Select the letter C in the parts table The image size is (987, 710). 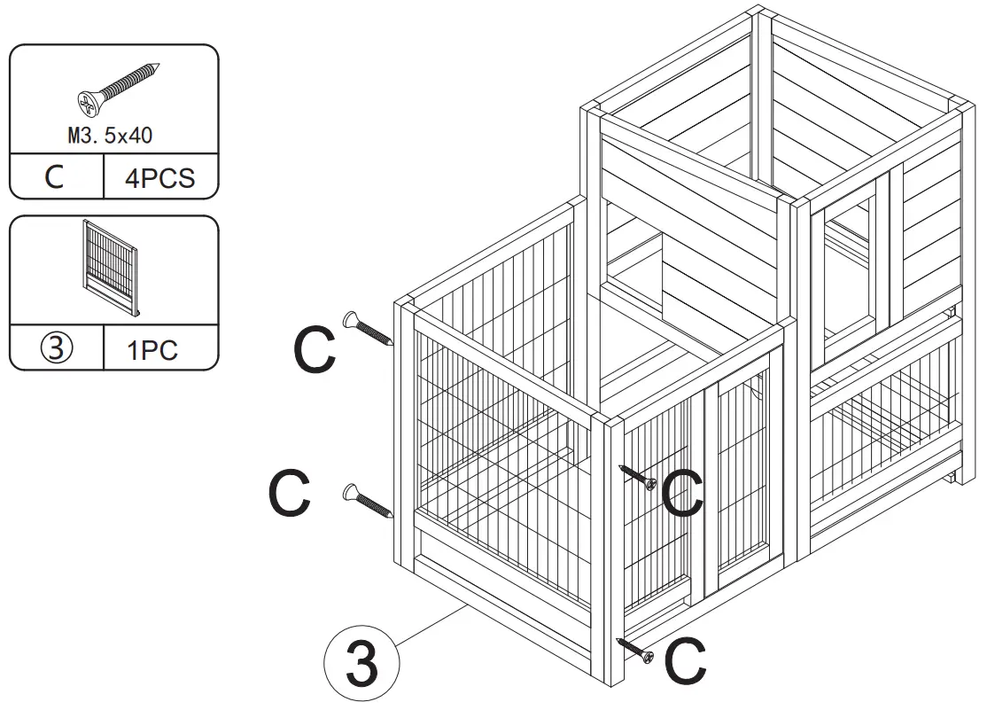point(55,177)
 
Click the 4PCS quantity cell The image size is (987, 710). point(159,178)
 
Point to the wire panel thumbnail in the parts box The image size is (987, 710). point(113,267)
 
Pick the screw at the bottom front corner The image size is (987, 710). point(636,650)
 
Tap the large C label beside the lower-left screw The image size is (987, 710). point(290,495)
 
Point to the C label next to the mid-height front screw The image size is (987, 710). point(683,495)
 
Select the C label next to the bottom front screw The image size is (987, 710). point(686,663)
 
